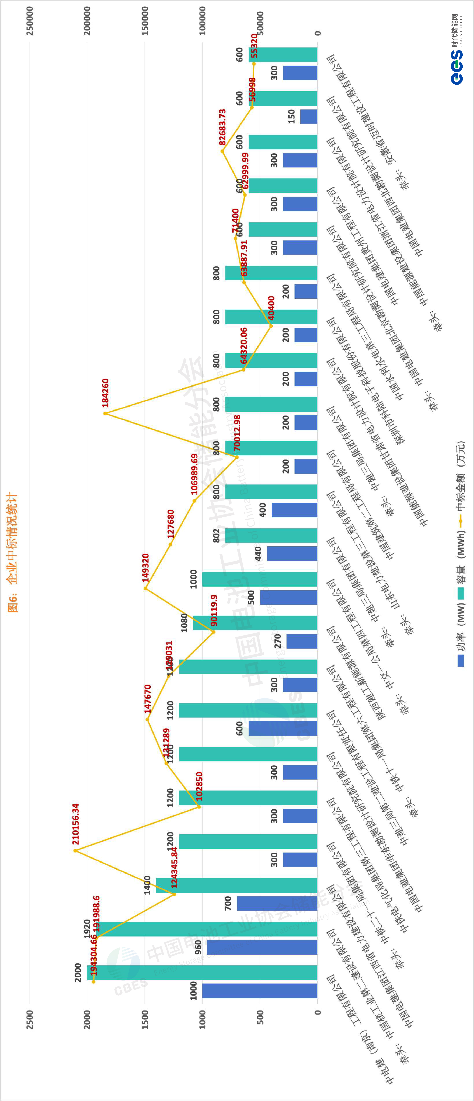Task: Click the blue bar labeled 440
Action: point(292,553)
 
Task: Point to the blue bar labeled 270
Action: point(301,641)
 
